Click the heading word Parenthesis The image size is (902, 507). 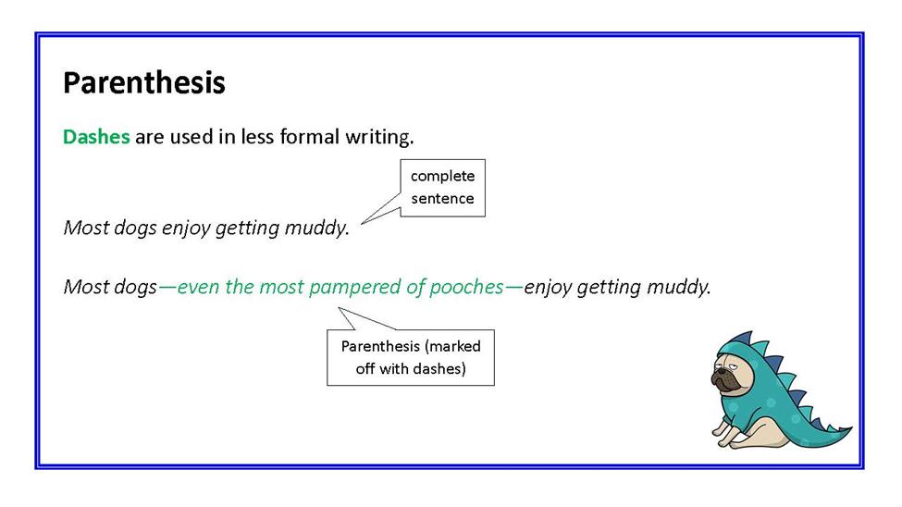click(143, 82)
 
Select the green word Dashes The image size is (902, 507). click(96, 137)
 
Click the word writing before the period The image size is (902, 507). click(377, 138)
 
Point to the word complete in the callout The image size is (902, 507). click(442, 177)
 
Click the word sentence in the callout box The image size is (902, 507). click(442, 199)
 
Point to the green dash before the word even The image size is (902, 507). click(167, 287)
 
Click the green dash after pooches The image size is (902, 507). click(513, 287)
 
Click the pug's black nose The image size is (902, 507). click(718, 377)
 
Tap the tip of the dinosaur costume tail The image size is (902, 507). click(851, 427)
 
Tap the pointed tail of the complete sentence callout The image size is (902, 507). click(362, 223)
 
